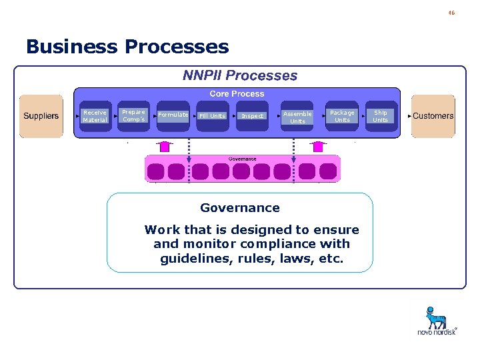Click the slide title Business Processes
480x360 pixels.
pyautogui.click(x=127, y=47)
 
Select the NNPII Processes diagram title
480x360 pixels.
pyautogui.click(x=240, y=76)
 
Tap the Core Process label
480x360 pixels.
pyautogui.click(x=237, y=94)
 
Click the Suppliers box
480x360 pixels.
pyautogui.click(x=41, y=116)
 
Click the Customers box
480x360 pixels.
pyautogui.click(x=433, y=116)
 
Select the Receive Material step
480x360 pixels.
pyautogui.click(x=95, y=116)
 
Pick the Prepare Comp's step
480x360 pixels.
pyautogui.click(x=133, y=115)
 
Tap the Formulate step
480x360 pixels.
pyautogui.click(x=173, y=115)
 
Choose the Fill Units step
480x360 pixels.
pyautogui.click(x=213, y=116)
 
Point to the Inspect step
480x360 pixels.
pyautogui.click(x=252, y=116)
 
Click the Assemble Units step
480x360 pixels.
pyautogui.click(x=297, y=117)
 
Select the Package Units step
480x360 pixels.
pyautogui.click(x=342, y=116)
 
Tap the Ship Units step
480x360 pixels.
pyautogui.click(x=380, y=116)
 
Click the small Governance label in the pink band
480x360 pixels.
pyautogui.click(x=242, y=159)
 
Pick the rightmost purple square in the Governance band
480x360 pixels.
pyautogui.click(x=328, y=172)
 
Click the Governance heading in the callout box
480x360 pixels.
pyautogui.click(x=240, y=208)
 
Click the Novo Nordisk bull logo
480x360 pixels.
pyautogui.click(x=436, y=318)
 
